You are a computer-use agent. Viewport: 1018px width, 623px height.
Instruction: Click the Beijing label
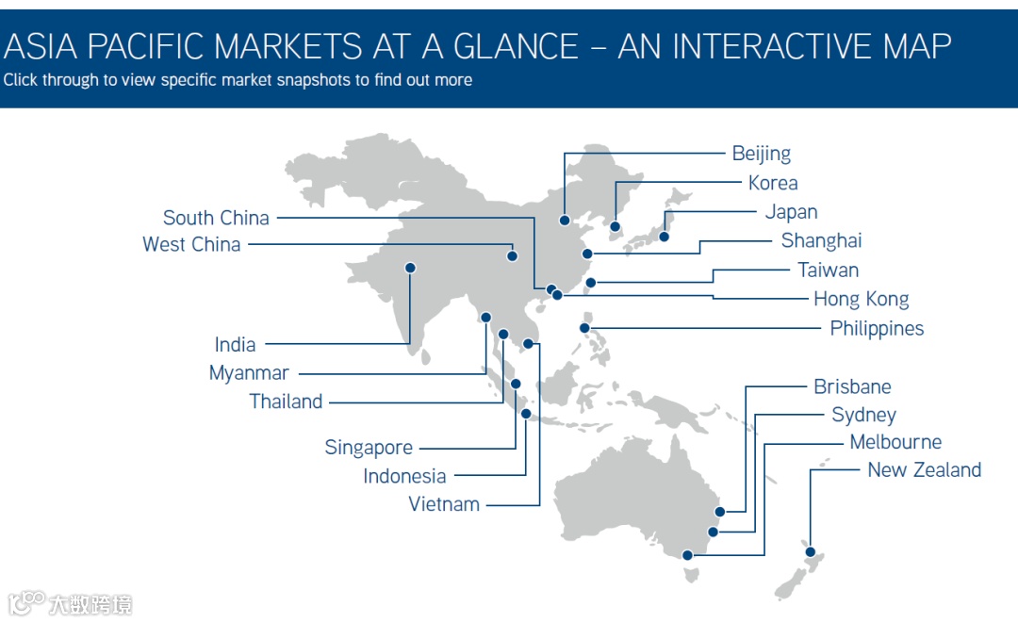pyautogui.click(x=761, y=154)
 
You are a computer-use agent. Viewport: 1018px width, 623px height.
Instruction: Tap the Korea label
pyautogui.click(x=773, y=183)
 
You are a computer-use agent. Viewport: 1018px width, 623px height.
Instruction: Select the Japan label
pyautogui.click(x=791, y=212)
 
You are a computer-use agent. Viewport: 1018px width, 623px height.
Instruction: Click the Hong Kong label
pyautogui.click(x=861, y=300)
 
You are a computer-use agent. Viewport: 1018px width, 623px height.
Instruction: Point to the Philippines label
pyautogui.click(x=877, y=329)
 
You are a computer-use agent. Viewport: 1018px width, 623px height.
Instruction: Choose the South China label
pyautogui.click(x=216, y=218)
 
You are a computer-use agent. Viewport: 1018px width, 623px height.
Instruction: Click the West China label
pyautogui.click(x=191, y=245)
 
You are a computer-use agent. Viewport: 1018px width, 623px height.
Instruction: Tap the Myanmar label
pyautogui.click(x=249, y=373)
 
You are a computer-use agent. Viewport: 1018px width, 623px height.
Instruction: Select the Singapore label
pyautogui.click(x=369, y=448)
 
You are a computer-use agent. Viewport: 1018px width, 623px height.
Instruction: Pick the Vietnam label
pyautogui.click(x=444, y=504)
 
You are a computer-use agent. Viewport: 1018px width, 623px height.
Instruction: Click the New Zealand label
pyautogui.click(x=924, y=470)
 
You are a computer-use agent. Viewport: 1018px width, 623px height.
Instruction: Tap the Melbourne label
pyautogui.click(x=895, y=442)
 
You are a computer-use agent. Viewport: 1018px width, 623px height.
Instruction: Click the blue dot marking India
pyautogui.click(x=410, y=268)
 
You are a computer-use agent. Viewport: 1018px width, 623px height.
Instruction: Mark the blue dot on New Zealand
pyautogui.click(x=811, y=552)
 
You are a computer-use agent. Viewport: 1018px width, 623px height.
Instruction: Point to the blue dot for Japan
pyautogui.click(x=664, y=237)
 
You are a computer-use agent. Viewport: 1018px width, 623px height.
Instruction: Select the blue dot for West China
pyautogui.click(x=513, y=256)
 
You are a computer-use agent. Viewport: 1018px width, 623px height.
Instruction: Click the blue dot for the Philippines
pyautogui.click(x=585, y=329)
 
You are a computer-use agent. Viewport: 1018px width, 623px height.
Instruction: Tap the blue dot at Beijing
pyautogui.click(x=565, y=221)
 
